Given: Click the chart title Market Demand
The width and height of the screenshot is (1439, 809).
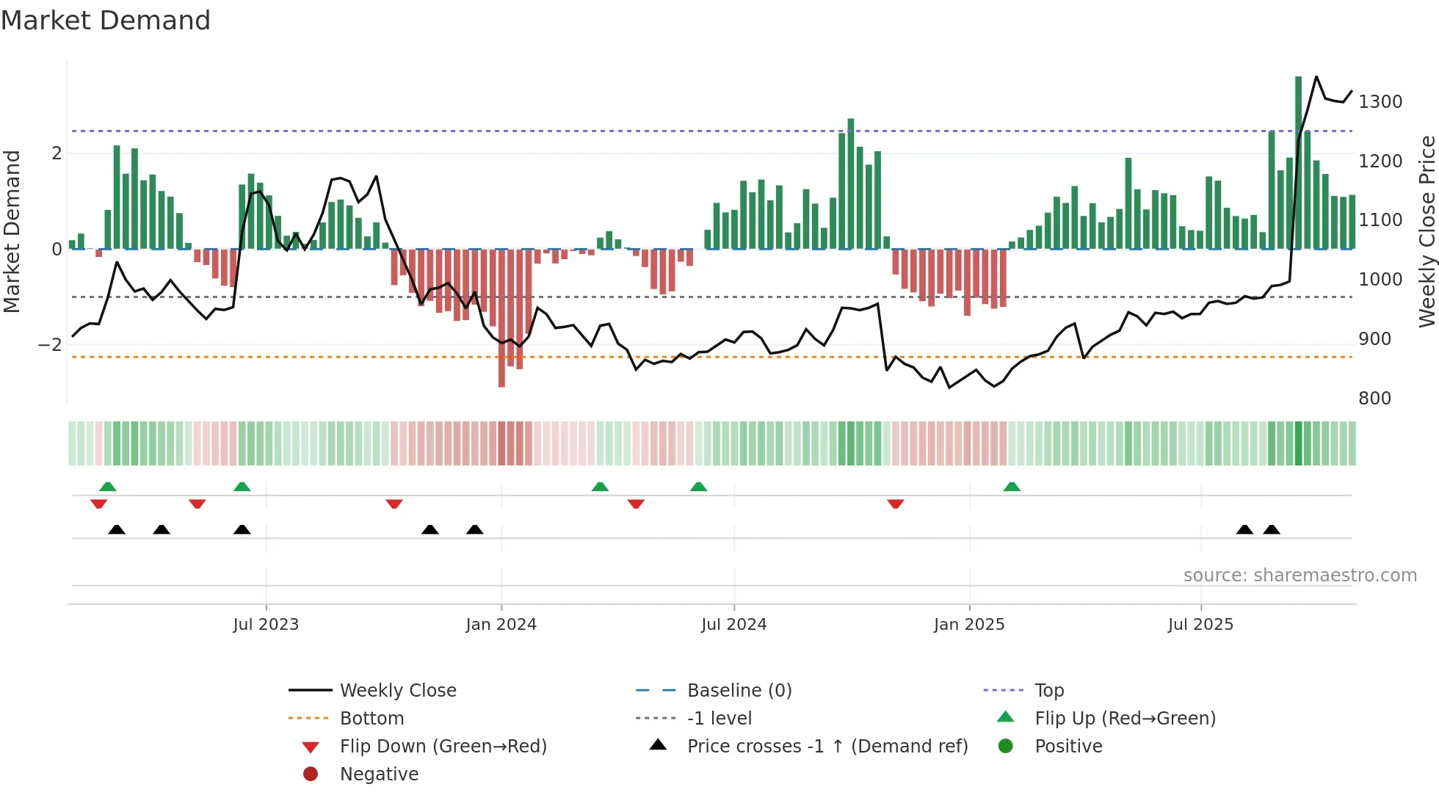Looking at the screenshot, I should [106, 21].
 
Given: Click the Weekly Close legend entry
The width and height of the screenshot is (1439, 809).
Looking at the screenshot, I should [397, 691].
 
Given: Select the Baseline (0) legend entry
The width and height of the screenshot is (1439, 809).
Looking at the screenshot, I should [739, 691].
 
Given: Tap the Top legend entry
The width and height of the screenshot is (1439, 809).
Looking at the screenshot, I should [1048, 691].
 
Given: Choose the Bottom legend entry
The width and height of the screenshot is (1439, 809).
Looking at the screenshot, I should [371, 719].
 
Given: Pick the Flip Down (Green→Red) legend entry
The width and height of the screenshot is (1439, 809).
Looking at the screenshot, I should [443, 747].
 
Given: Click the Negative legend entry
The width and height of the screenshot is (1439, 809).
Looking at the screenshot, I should [379, 774].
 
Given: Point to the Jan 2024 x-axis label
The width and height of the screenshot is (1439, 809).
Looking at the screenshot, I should [501, 625].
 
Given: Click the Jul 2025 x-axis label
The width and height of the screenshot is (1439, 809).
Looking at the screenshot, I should [1200, 625].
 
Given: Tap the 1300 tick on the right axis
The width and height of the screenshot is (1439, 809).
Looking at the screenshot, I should [1380, 102].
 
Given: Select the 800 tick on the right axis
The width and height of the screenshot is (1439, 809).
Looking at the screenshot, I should [1374, 399].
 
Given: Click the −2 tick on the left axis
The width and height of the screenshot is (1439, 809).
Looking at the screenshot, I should [50, 345].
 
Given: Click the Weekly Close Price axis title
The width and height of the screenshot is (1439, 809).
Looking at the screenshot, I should [1427, 231].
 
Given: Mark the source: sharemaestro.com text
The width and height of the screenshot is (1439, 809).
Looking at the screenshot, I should [1300, 576].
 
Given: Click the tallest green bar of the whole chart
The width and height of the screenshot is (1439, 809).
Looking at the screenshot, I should [1298, 162].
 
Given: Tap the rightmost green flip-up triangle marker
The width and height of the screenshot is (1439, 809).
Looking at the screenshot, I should [1012, 487].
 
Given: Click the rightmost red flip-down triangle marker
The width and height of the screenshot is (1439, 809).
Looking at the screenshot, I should [895, 504].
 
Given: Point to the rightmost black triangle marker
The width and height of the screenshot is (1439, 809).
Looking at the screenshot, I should [1272, 529].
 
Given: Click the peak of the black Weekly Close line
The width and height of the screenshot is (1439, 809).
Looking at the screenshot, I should [1316, 76].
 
